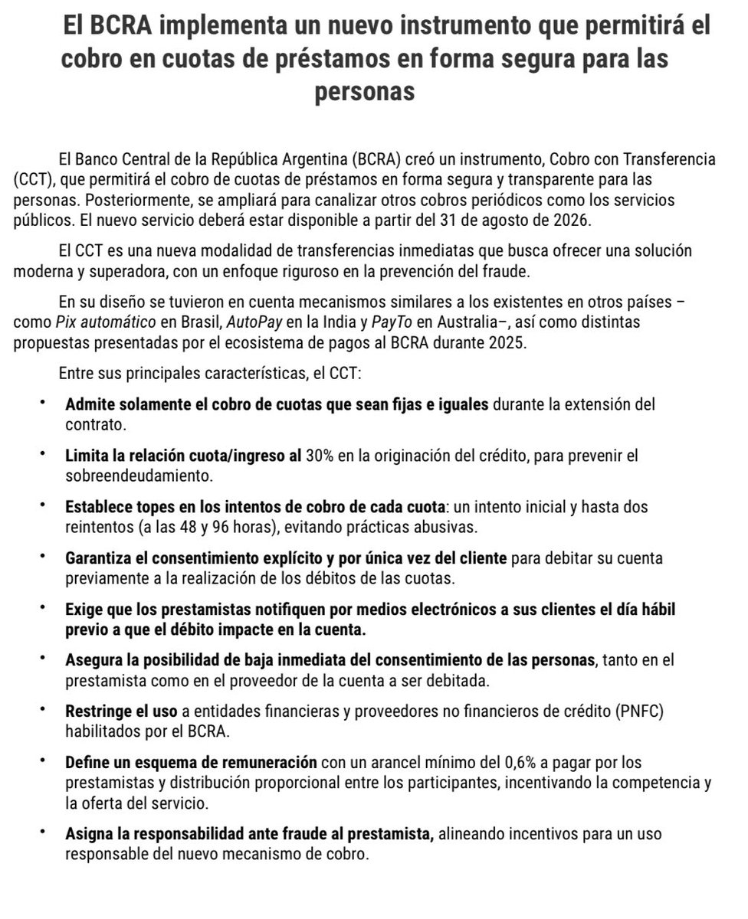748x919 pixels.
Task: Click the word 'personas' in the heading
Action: click(x=365, y=92)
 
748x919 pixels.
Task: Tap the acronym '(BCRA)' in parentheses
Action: click(x=377, y=160)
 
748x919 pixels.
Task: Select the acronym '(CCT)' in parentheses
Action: click(x=33, y=178)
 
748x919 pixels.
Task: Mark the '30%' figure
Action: click(x=320, y=456)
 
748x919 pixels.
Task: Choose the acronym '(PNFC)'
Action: click(x=634, y=711)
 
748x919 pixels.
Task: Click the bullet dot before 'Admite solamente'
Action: click(x=43, y=404)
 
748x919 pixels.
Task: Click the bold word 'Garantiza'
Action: click(x=97, y=558)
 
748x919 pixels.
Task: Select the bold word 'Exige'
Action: click(x=84, y=610)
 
